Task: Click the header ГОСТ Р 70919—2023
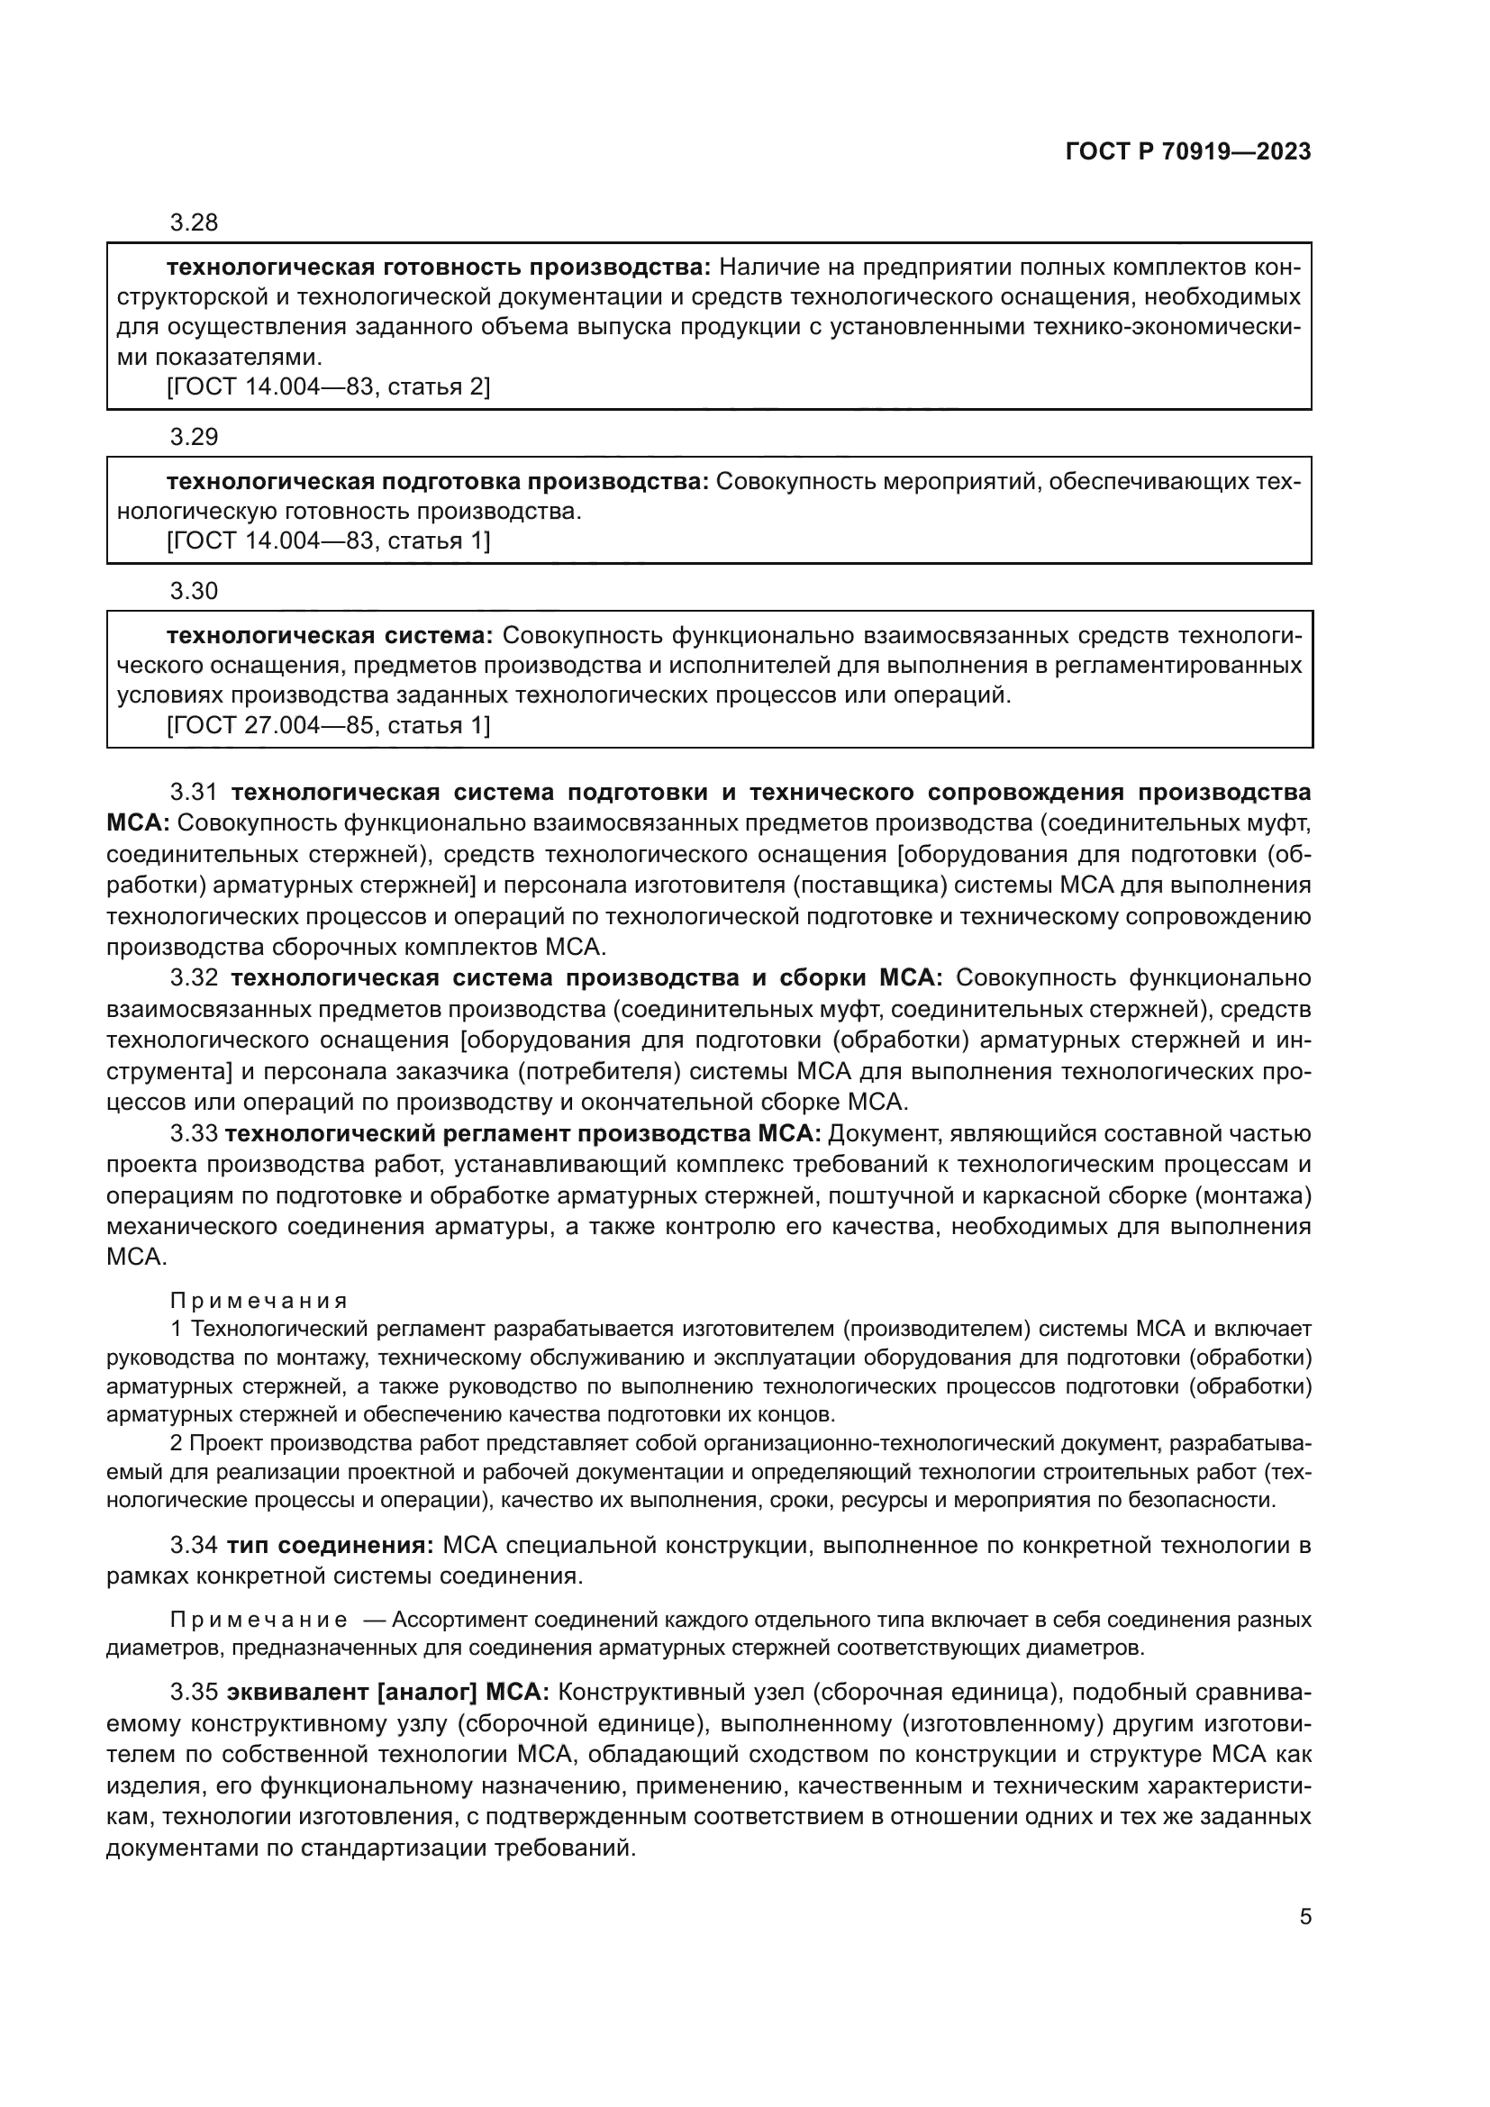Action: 1187,151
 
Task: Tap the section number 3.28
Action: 194,223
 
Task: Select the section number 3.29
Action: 194,437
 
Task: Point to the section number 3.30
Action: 194,591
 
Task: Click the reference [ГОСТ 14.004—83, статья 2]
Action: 329,386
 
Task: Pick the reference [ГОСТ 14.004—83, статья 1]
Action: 329,540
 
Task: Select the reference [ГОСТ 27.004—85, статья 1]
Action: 329,725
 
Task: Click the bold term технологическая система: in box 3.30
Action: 330,636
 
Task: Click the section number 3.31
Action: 194,793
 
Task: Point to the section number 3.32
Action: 194,977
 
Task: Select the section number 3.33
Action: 194,1133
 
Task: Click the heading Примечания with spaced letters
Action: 259,1301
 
